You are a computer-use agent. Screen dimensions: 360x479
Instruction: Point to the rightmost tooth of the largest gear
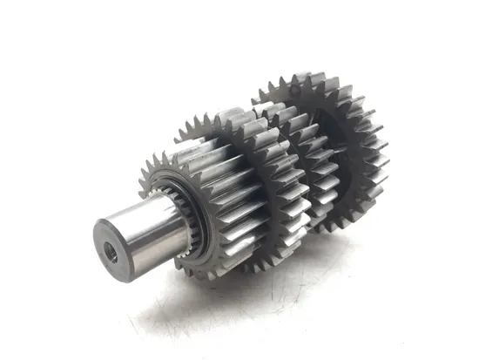pyautogui.click(x=384, y=157)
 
